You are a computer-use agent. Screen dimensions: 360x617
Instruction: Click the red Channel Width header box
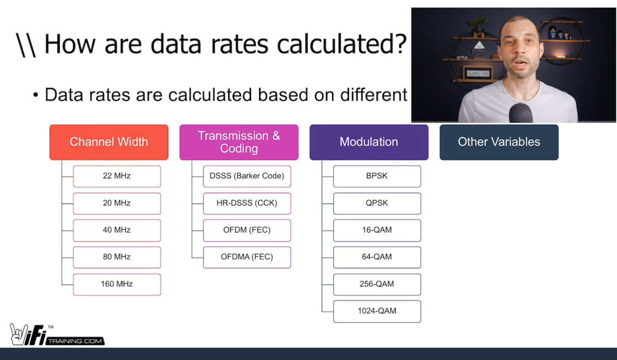109,142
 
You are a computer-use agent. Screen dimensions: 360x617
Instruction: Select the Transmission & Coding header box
239,142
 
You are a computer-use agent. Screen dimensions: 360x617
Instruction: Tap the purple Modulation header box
368,142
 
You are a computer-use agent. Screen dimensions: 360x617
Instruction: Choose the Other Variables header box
499,142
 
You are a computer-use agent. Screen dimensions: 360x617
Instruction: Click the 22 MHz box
117,176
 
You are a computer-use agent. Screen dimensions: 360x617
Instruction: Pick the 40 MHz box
117,230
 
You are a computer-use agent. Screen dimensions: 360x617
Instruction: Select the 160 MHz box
117,284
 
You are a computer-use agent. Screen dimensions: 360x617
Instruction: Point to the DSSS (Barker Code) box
247,176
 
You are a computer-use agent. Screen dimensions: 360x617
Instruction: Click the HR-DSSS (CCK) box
247,203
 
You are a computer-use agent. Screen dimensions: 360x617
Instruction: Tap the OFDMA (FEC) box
247,257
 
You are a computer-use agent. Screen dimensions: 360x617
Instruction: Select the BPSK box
377,176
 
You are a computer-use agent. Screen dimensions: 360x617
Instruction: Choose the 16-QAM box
377,230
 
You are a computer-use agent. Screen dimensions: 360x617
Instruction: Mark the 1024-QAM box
377,311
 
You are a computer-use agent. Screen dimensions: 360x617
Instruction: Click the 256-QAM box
377,284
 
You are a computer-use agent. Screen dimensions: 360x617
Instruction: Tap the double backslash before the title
26,45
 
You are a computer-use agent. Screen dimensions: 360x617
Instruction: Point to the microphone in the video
521,113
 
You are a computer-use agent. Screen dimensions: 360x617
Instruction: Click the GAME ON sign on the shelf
478,73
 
